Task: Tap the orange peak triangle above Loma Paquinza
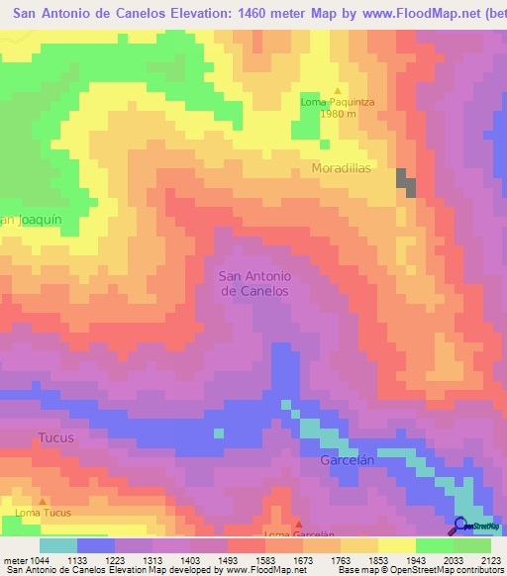click(337, 90)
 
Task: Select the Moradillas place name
click(342, 168)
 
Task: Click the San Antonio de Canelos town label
click(254, 283)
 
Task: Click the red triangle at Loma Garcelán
click(299, 525)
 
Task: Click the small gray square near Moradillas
click(405, 180)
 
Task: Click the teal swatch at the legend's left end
click(57, 545)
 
